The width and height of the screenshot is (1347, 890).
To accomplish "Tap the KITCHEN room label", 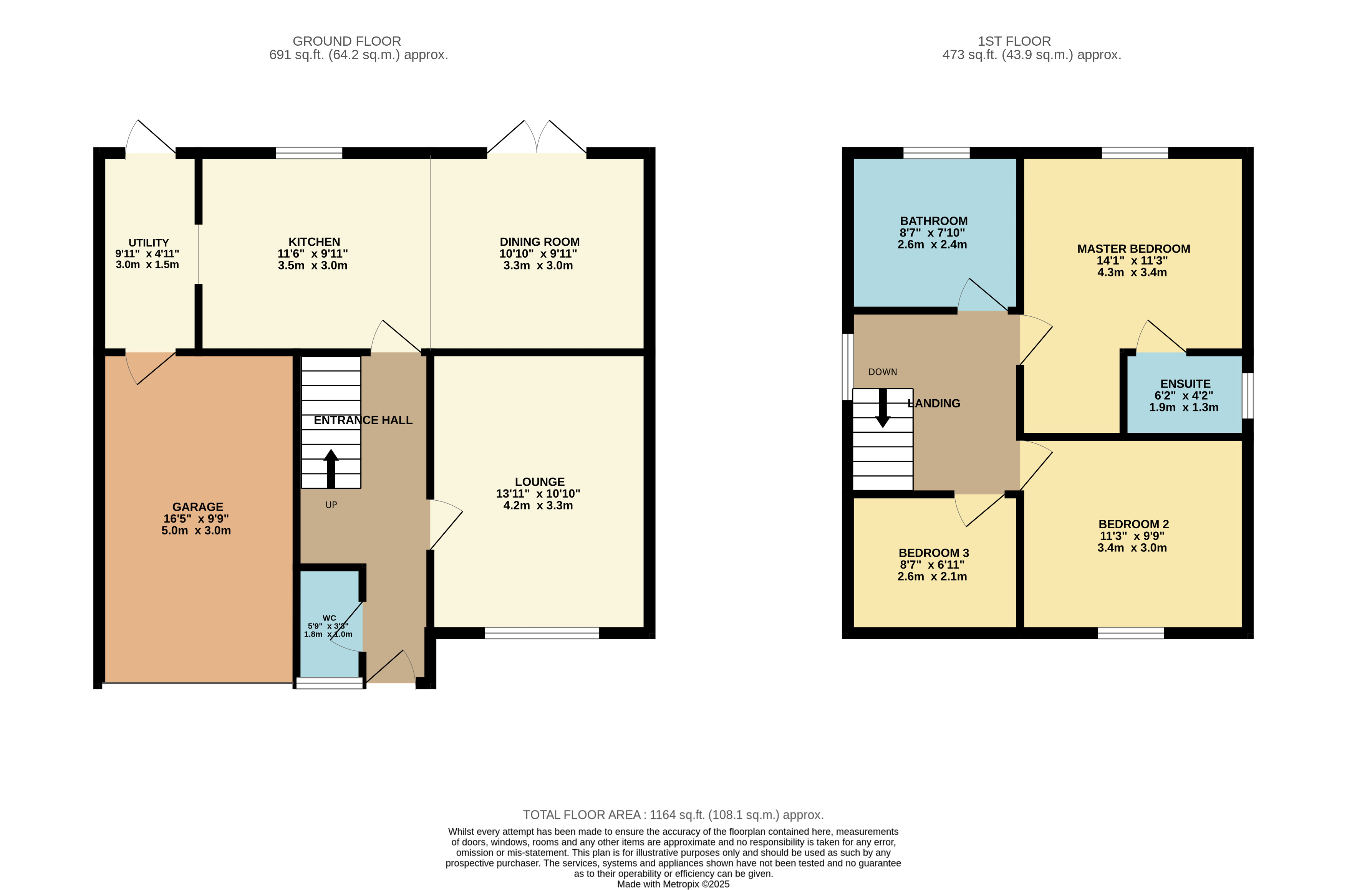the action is [x=314, y=242].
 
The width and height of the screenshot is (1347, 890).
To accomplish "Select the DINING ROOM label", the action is [x=539, y=242].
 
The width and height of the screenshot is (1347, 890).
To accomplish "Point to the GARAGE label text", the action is [x=197, y=507].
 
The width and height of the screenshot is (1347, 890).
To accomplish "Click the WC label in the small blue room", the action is [x=329, y=618].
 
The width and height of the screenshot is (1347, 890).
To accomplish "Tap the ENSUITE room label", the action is [x=1185, y=384].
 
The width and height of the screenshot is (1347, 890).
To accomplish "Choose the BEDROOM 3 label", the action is [x=934, y=553].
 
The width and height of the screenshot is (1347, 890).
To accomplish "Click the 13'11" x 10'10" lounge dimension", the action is [x=538, y=494].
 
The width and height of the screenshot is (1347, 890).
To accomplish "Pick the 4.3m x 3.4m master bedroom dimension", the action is [x=1132, y=273].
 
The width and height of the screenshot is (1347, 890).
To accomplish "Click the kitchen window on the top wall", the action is [x=309, y=153].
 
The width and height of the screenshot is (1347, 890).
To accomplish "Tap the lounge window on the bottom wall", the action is [x=542, y=634].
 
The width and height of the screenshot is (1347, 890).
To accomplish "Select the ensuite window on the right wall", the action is [x=1248, y=395].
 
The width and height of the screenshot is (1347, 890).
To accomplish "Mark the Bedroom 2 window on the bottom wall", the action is [x=1131, y=634].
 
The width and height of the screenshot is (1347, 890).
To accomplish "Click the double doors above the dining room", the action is [x=537, y=137].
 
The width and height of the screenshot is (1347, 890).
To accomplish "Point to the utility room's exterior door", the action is [x=151, y=137].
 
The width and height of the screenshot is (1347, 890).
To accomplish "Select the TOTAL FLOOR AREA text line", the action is [x=673, y=815].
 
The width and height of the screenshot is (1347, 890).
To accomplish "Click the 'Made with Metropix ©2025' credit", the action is [x=673, y=884].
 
